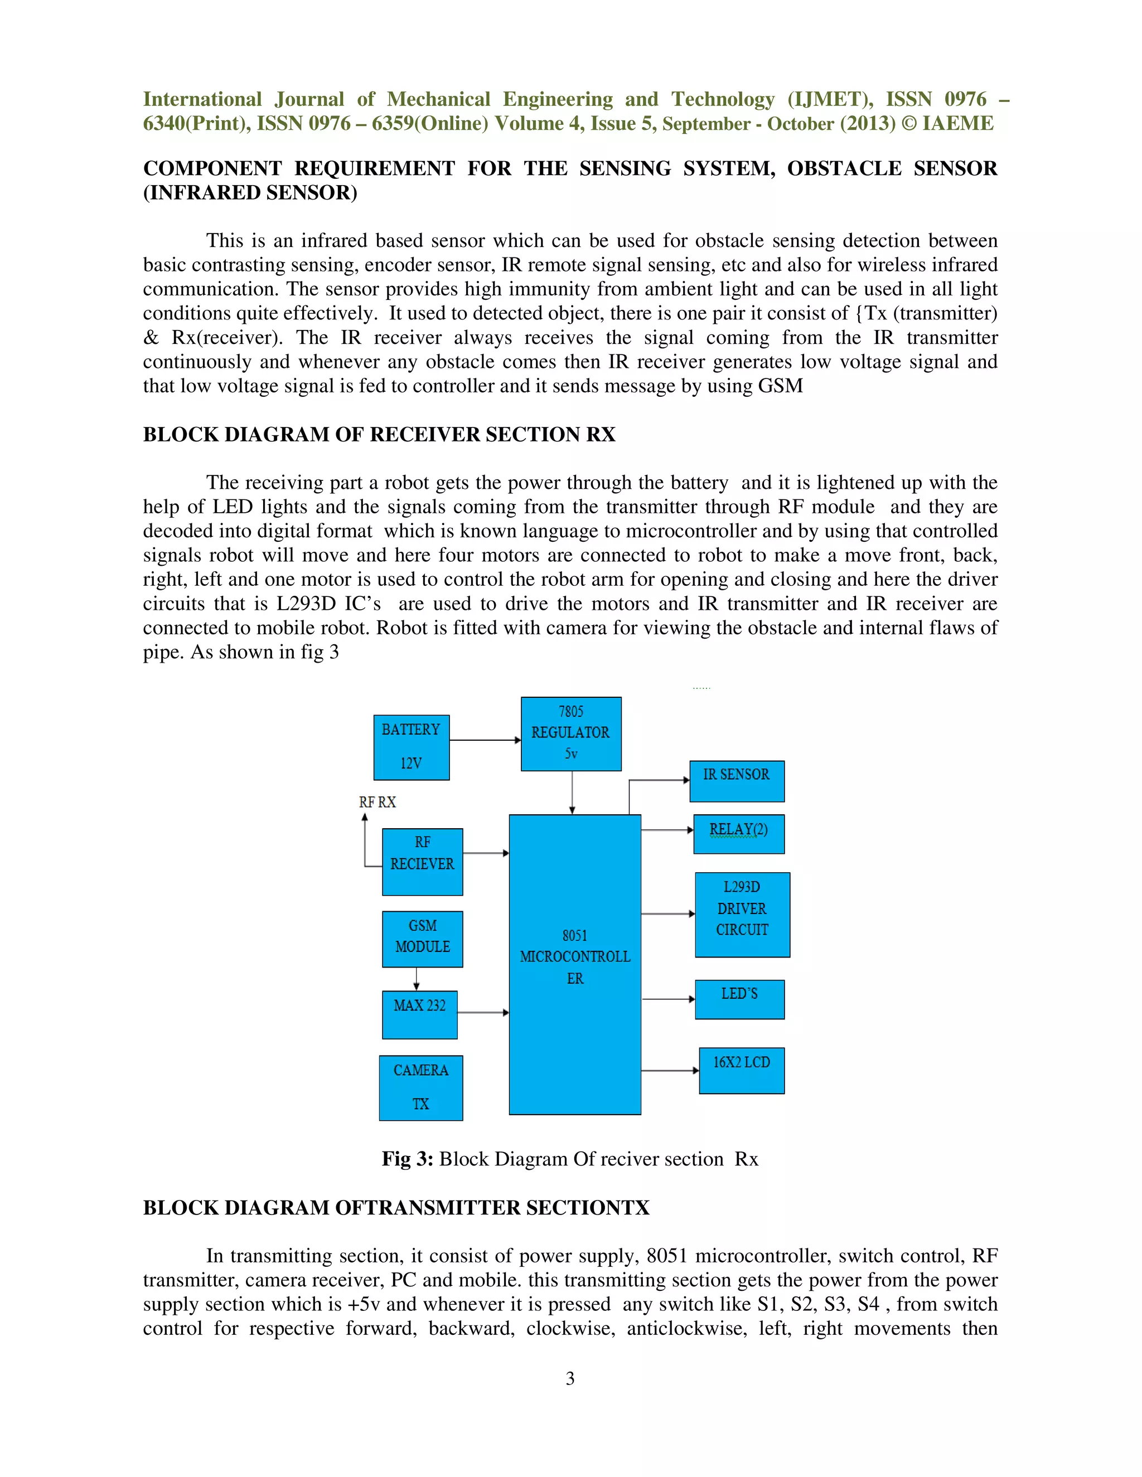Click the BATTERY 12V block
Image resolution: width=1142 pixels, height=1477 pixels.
point(412,747)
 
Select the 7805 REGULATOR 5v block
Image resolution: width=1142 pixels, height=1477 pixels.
point(571,734)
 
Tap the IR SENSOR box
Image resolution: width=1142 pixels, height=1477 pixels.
point(737,781)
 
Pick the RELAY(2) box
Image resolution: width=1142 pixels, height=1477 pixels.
point(739,834)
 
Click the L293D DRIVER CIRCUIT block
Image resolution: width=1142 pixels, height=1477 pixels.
point(742,914)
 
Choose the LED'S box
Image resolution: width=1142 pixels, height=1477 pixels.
point(739,999)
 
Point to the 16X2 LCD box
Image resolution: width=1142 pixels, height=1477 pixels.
point(742,1071)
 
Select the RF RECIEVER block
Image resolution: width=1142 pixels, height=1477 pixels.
point(422,862)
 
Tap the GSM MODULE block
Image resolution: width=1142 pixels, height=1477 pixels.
point(422,939)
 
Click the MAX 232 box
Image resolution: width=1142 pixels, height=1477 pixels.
point(419,1014)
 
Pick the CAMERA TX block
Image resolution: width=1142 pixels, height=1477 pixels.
point(421,1087)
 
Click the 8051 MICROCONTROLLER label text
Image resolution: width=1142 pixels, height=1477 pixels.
point(575,957)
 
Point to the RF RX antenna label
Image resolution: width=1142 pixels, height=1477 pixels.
point(377,802)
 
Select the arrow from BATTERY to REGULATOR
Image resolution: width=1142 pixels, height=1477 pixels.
point(485,740)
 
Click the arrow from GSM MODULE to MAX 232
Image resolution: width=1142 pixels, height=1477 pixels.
point(416,979)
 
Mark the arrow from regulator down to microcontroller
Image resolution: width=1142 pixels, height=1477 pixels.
point(572,792)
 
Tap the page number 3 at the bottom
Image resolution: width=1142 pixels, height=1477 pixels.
point(570,1378)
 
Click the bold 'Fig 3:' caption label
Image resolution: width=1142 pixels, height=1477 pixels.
point(407,1159)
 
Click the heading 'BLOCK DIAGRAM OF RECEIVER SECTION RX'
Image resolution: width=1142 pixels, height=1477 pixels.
point(379,434)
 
